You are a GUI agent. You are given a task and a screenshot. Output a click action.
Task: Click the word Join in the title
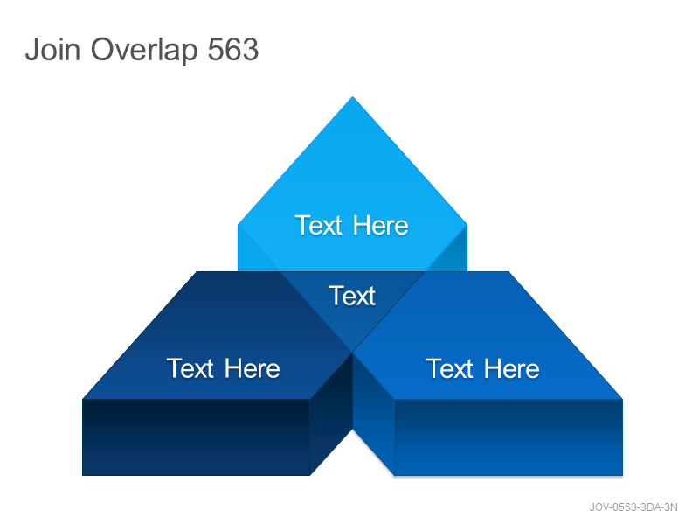(x=52, y=49)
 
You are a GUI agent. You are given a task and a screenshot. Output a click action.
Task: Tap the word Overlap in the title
(x=144, y=50)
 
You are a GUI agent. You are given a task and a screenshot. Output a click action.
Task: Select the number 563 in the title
(x=233, y=49)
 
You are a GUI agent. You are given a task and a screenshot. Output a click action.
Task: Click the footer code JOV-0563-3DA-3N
(x=633, y=507)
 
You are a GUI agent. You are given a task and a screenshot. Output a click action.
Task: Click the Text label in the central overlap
(x=352, y=296)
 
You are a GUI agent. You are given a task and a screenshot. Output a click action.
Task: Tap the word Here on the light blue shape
(x=380, y=226)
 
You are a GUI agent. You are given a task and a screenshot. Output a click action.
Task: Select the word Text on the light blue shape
(x=318, y=226)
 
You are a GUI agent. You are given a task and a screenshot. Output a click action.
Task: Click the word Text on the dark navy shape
(x=190, y=368)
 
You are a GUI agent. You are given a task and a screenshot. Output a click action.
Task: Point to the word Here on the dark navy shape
(x=252, y=368)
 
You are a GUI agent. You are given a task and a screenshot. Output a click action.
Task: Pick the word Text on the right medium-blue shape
(x=449, y=368)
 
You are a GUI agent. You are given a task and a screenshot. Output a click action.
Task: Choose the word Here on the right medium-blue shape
(x=511, y=368)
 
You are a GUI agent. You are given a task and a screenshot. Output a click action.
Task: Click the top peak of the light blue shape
(x=353, y=96)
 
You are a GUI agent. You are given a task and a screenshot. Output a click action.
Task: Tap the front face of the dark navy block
(x=196, y=437)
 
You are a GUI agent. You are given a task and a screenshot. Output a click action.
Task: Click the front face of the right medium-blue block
(x=509, y=437)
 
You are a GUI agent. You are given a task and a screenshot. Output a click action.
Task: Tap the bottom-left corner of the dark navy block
(x=82, y=475)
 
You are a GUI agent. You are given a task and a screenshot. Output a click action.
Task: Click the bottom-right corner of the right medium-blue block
(x=623, y=475)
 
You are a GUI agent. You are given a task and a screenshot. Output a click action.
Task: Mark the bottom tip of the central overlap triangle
(x=353, y=353)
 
